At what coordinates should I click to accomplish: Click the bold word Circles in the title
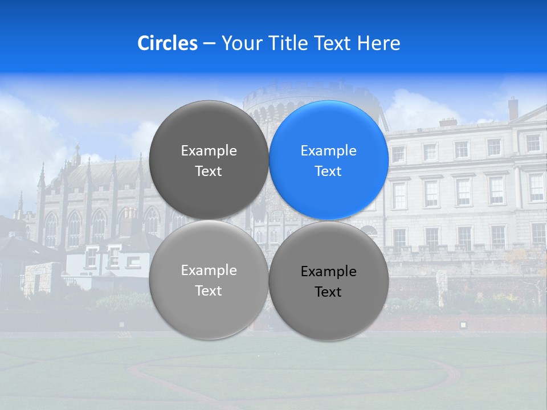click(167, 43)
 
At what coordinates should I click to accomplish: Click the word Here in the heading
click(378, 43)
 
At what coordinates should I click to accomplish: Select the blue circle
click(329, 160)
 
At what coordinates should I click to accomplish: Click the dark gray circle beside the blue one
click(209, 160)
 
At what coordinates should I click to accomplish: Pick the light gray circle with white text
click(209, 280)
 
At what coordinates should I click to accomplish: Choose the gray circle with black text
click(329, 281)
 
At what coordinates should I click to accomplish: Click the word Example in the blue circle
click(328, 151)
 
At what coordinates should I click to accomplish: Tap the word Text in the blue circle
click(328, 171)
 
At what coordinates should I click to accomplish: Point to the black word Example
click(328, 272)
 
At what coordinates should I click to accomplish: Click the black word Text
click(328, 292)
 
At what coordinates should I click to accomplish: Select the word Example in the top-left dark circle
click(209, 151)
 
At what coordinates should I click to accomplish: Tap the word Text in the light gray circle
click(209, 290)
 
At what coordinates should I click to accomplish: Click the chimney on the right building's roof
click(513, 108)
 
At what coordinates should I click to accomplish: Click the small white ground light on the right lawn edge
click(463, 325)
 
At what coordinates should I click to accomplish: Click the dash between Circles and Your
click(209, 44)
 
